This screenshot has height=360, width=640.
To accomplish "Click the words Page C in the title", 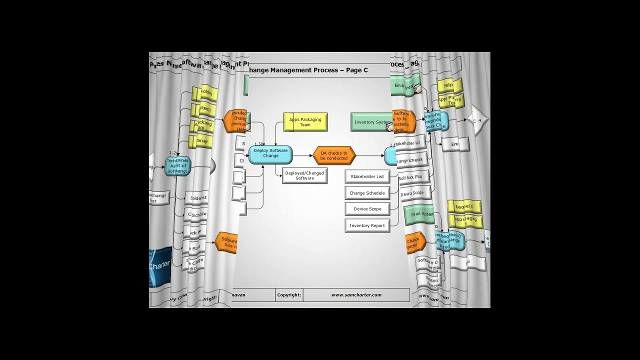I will tap(356, 70).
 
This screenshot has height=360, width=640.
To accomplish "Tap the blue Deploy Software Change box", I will tap(270, 153).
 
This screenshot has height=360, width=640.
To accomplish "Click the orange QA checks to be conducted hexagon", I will tap(334, 156).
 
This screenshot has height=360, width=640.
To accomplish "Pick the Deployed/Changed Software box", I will tap(304, 175).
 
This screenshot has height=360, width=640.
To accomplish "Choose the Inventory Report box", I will tap(367, 225).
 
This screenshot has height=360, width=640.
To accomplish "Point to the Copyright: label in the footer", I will tap(289, 295).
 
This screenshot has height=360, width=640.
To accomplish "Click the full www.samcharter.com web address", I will tap(356, 295).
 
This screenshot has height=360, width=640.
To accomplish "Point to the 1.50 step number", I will tap(258, 144).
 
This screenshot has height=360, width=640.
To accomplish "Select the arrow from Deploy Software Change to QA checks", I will tap(302, 156).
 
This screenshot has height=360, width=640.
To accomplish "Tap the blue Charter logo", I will tap(160, 265).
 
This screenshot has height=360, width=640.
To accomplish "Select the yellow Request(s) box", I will tap(464, 206).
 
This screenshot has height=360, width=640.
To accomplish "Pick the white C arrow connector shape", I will tap(477, 120).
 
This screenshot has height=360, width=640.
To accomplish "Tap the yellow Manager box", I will tap(201, 141).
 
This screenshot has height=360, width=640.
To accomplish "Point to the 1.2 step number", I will tap(172, 153).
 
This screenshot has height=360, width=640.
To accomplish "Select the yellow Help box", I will tap(448, 85).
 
